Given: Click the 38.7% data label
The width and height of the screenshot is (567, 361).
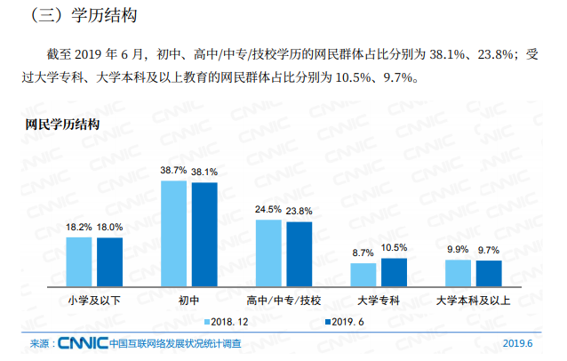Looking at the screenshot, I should click(173, 170).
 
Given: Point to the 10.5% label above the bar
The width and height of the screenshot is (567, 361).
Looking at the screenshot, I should click(394, 247).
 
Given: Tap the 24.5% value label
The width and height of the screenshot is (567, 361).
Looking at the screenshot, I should click(268, 209).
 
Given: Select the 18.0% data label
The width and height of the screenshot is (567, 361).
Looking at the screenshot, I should click(110, 228).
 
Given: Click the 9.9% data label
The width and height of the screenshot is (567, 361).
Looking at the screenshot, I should click(458, 249).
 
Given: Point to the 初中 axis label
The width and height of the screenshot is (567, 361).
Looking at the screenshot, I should click(189, 300).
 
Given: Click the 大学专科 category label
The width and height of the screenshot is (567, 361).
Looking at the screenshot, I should click(379, 300).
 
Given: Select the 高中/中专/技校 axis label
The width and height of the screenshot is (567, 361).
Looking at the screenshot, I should click(284, 300).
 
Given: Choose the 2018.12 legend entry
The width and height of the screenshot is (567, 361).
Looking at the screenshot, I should click(230, 321).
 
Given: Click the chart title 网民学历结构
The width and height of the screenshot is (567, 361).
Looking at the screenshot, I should click(61, 123).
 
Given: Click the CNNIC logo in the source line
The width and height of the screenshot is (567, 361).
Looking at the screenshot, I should click(82, 343).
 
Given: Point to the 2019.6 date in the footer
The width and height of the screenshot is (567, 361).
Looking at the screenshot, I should click(518, 344).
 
